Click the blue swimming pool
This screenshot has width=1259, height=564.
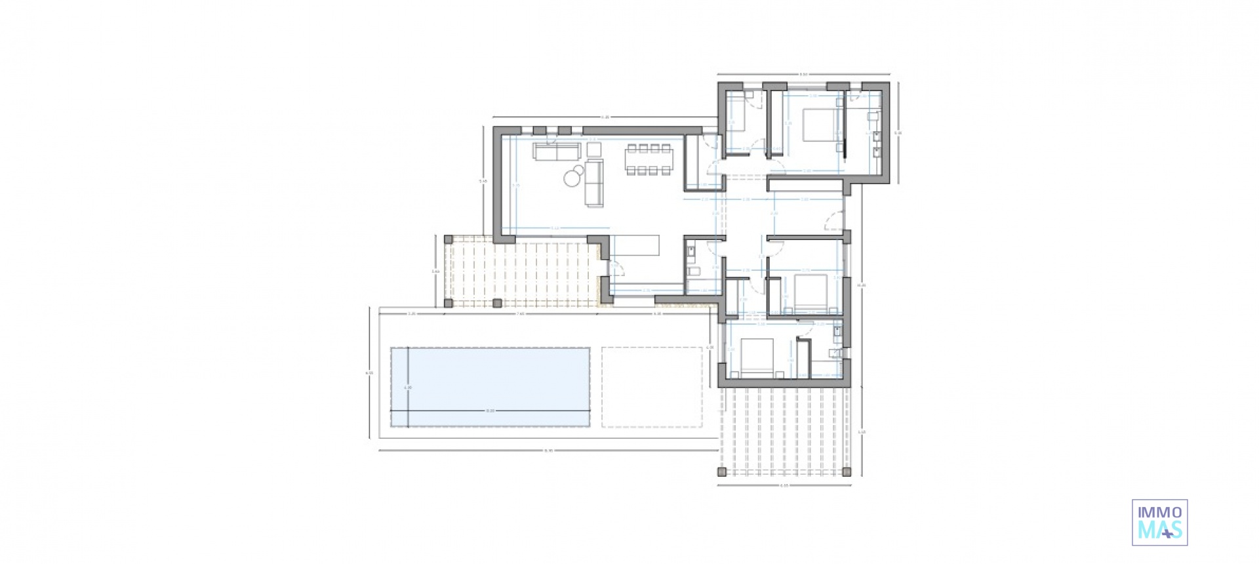pos(490,387)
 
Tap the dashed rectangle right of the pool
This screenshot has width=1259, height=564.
pos(652,387)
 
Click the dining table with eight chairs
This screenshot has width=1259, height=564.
pos(649,159)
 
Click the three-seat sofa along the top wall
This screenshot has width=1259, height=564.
pos(556,151)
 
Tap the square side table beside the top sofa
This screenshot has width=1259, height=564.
pos(594,149)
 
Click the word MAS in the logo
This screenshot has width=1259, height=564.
pos(1159,529)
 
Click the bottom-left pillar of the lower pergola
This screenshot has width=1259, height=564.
pos(723,471)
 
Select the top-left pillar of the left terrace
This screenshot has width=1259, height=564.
pos(449,239)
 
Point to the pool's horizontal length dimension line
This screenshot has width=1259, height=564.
pos(490,411)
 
